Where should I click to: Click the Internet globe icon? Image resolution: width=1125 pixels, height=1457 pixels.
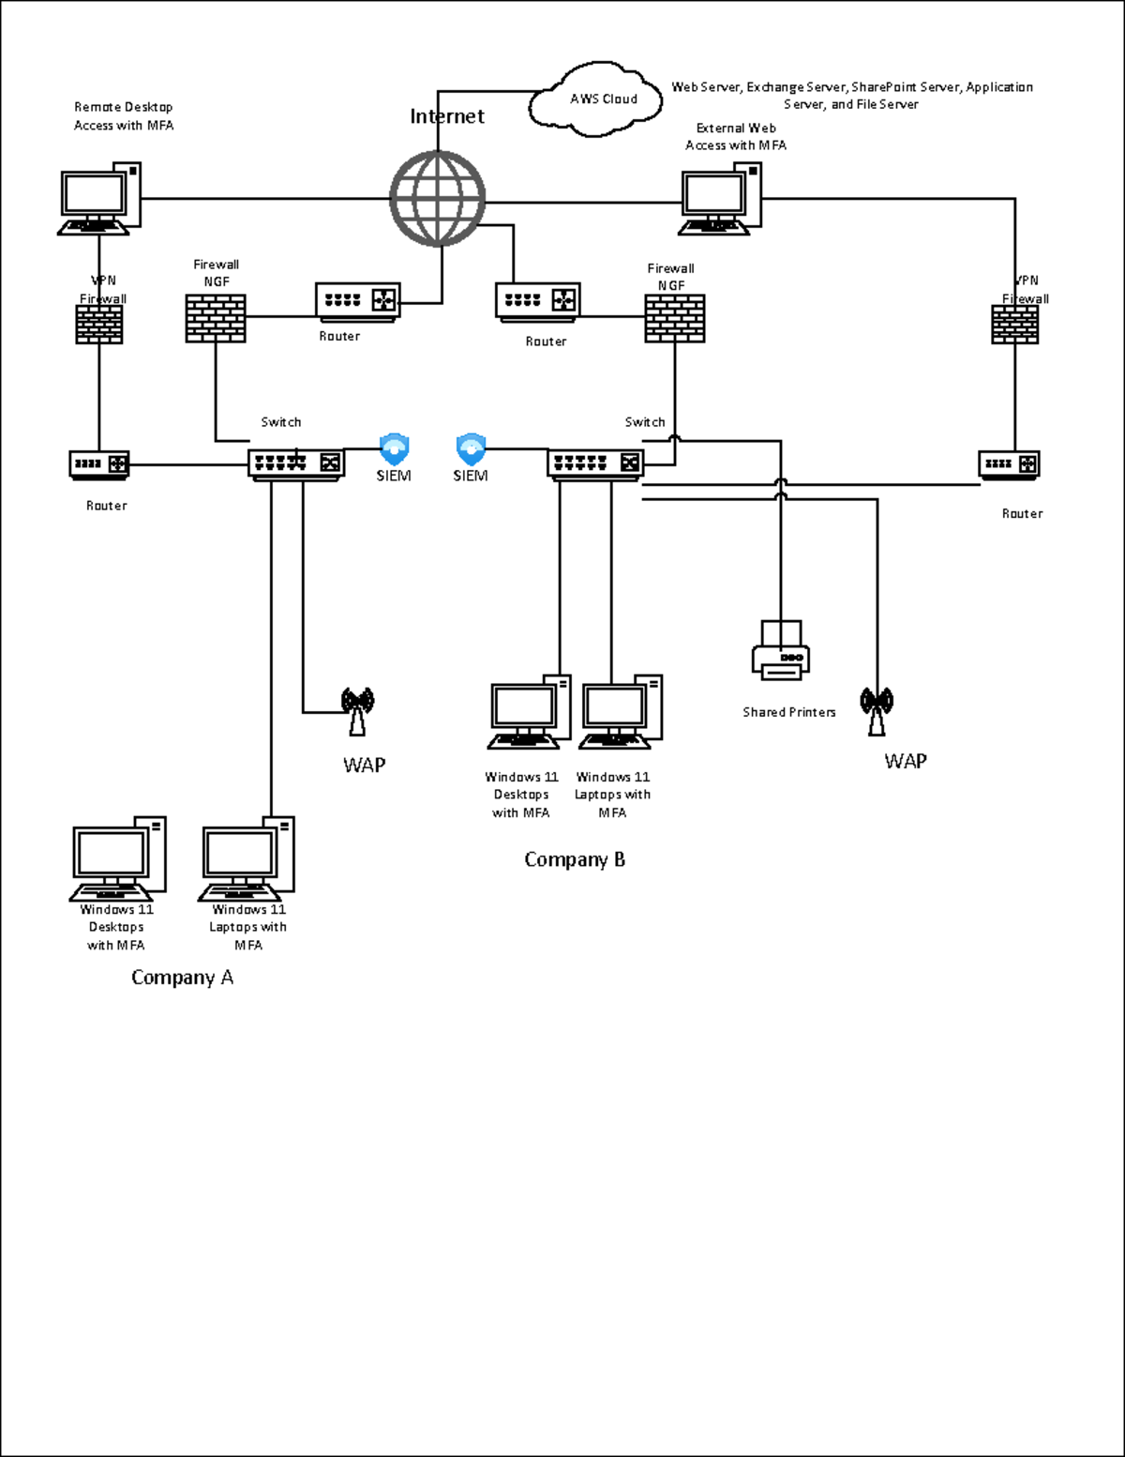[437, 199]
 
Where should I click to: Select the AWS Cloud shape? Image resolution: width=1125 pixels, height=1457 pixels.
[597, 97]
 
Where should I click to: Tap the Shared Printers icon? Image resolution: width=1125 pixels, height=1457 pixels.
[781, 649]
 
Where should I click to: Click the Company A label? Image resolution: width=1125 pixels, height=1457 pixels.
[182, 978]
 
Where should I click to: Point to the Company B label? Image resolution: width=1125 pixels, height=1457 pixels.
[574, 859]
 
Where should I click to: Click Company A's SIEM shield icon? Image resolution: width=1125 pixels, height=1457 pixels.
[394, 448]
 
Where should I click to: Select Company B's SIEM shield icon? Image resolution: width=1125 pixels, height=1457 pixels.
[471, 448]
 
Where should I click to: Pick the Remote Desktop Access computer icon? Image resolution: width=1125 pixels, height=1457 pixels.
[99, 199]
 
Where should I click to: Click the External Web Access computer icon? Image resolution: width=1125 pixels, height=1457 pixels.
[720, 199]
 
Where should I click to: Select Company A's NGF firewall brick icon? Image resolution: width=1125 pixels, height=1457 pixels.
[216, 318]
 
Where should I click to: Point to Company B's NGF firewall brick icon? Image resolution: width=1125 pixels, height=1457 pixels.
[674, 319]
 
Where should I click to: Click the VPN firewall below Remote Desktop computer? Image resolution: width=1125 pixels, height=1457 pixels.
[99, 325]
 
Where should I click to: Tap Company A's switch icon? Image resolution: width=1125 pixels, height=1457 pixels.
[296, 463]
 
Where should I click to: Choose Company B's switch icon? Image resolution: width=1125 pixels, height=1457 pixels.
[595, 463]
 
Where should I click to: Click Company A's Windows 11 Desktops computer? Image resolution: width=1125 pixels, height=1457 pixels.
[118, 858]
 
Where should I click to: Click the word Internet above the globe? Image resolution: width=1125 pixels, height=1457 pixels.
[447, 116]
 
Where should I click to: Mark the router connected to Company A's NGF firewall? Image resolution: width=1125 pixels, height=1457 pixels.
[357, 301]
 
